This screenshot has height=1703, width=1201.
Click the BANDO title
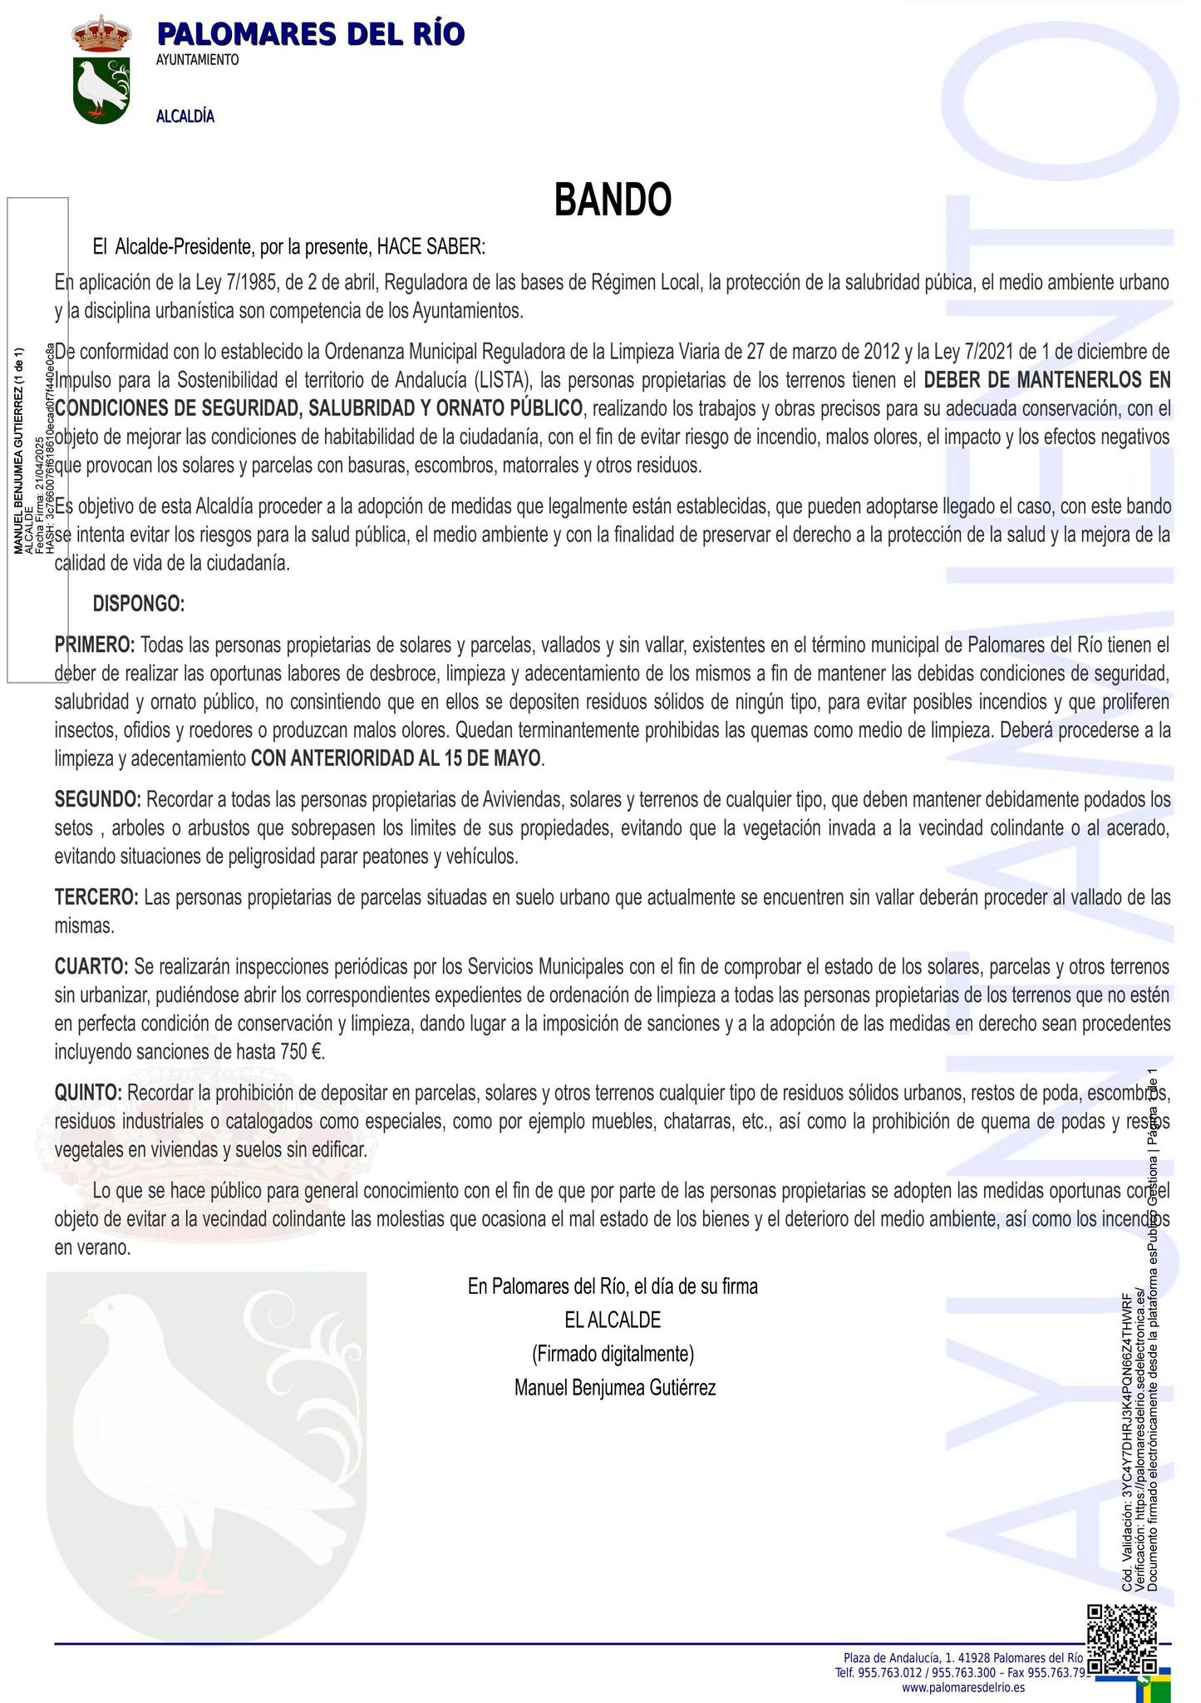pyautogui.click(x=613, y=200)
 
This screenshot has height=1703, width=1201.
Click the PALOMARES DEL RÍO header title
pyautogui.click(x=310, y=34)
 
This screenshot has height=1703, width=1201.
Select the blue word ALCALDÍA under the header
pyautogui.click(x=185, y=116)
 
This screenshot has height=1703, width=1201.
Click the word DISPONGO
pyautogui.click(x=139, y=604)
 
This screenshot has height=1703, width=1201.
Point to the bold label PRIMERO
pyautogui.click(x=95, y=644)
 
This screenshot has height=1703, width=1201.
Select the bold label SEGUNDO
pyautogui.click(x=97, y=800)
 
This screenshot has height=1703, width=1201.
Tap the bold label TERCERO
pyautogui.click(x=96, y=897)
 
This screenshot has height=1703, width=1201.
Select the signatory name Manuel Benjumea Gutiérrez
pyautogui.click(x=614, y=1388)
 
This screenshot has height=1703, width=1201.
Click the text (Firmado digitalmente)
pyautogui.click(x=613, y=1354)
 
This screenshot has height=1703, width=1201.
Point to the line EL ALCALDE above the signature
pyautogui.click(x=613, y=1320)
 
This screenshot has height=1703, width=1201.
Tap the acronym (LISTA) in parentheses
pyautogui.click(x=502, y=381)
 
